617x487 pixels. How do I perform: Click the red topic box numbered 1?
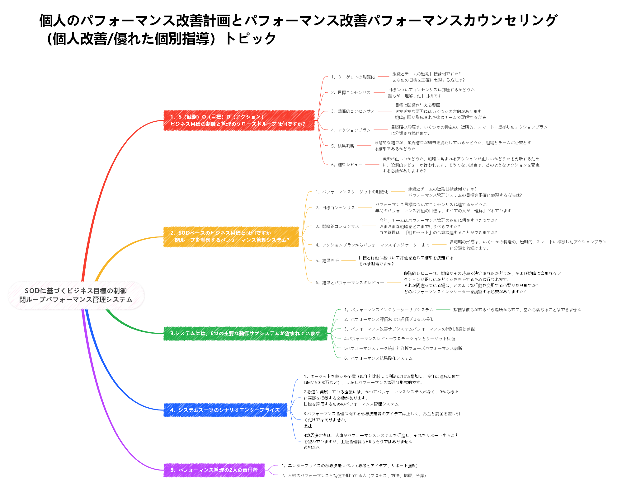239,120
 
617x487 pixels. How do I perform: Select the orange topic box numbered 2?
231,236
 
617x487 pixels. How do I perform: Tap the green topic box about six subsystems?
245,333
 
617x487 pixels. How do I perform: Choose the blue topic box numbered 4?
225,410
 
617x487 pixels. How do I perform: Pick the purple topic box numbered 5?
214,470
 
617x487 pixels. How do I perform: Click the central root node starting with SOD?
76,295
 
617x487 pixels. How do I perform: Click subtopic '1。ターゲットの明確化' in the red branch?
353,77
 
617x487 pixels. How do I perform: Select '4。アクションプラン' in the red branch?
351,130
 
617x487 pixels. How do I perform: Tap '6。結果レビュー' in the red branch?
347,165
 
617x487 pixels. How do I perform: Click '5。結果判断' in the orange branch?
327,260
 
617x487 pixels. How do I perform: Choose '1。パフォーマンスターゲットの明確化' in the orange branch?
352,192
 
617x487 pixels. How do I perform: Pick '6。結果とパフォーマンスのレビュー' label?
350,283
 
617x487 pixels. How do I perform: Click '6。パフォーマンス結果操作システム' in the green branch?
378,358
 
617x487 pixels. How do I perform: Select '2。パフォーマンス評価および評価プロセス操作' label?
389,319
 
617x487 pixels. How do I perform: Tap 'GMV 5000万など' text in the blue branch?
321,382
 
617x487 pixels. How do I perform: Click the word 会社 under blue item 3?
308,426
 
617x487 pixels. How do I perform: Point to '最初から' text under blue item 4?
312,447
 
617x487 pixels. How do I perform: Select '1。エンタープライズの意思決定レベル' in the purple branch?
318,466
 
